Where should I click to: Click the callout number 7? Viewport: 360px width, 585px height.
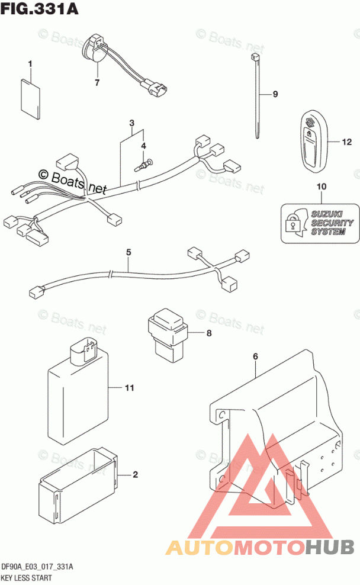point(97,82)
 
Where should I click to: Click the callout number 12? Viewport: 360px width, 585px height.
point(346,142)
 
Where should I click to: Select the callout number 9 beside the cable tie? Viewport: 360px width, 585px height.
point(275,94)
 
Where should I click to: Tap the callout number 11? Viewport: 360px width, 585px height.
point(130,388)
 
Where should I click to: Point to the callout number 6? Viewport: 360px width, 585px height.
point(256,356)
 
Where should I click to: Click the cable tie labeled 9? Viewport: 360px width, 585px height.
point(256,96)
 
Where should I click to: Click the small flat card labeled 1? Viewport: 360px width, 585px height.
point(30,99)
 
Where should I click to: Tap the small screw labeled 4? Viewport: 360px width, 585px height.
point(144,165)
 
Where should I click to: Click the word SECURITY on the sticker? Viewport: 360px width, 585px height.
point(332,223)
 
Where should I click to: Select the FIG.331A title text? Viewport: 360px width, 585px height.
point(40,8)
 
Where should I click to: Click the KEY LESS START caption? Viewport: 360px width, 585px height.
point(27,578)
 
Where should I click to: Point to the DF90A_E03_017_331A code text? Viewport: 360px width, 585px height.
point(37,567)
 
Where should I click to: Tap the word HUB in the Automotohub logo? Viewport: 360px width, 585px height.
point(330,547)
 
